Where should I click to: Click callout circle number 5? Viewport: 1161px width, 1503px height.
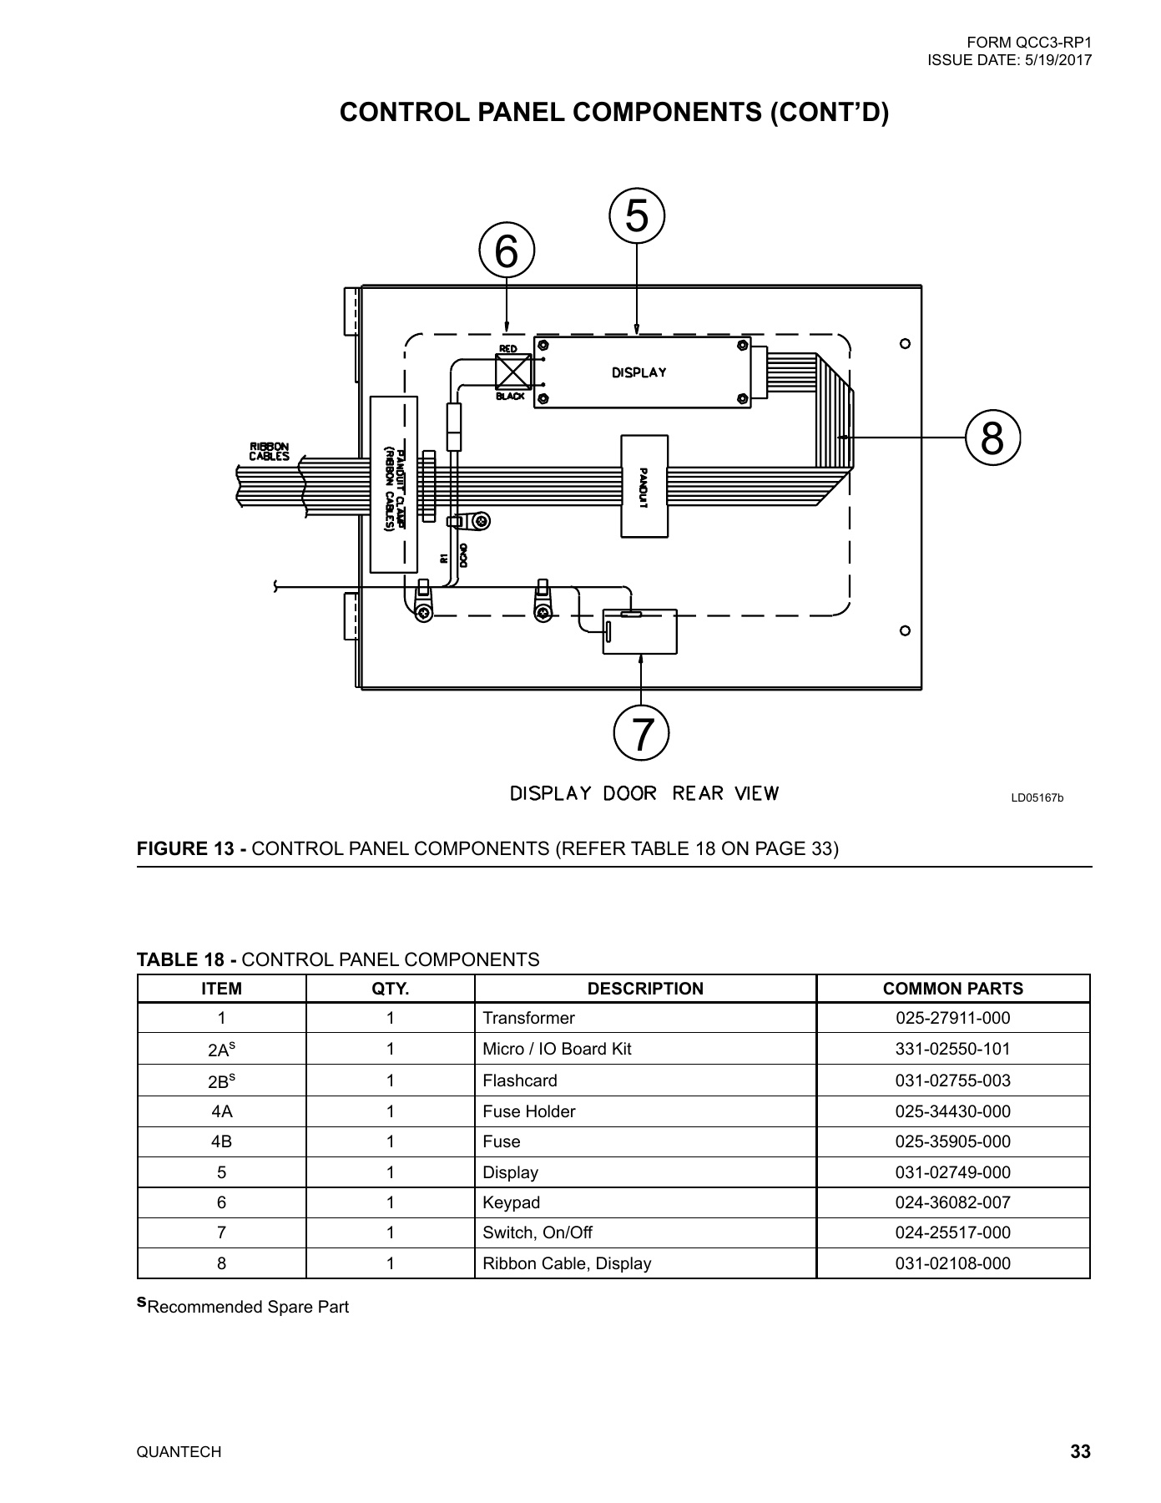click(637, 216)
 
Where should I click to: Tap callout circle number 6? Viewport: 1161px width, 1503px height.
click(507, 250)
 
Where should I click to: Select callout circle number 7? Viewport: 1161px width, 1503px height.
click(641, 734)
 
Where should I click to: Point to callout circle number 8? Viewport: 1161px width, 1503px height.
click(992, 437)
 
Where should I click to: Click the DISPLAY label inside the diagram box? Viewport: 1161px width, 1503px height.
click(639, 372)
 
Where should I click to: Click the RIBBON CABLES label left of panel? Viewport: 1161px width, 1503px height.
click(269, 452)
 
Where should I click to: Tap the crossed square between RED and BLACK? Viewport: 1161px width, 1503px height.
click(513, 372)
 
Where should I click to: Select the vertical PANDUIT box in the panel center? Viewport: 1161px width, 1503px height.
click(644, 486)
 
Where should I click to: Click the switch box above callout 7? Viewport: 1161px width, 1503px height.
click(640, 632)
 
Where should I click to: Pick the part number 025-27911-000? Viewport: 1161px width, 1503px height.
click(952, 1018)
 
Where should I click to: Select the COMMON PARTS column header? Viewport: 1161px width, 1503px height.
click(952, 989)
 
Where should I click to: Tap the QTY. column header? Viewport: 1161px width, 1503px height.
click(390, 989)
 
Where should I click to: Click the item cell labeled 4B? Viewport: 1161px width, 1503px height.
click(221, 1141)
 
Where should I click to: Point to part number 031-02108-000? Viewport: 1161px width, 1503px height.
click(952, 1263)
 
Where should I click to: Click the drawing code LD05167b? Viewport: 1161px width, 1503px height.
click(1037, 798)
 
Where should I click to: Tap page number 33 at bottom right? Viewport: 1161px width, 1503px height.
click(1080, 1452)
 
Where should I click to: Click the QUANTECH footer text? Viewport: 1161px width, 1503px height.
click(179, 1452)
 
